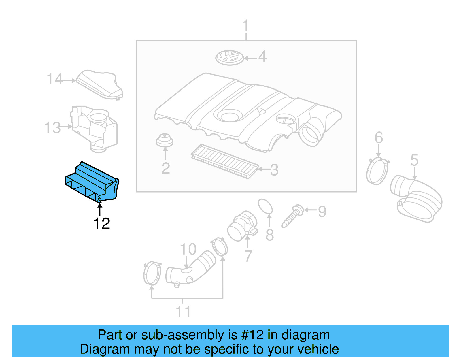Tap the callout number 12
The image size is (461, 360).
(102, 224)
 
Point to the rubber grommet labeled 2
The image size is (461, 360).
(165, 140)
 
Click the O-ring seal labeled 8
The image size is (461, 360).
(265, 206)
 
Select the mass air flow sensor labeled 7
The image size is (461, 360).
(241, 226)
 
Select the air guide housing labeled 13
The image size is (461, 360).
(95, 128)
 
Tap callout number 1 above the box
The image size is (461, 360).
(245, 26)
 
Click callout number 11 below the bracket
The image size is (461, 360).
(183, 312)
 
